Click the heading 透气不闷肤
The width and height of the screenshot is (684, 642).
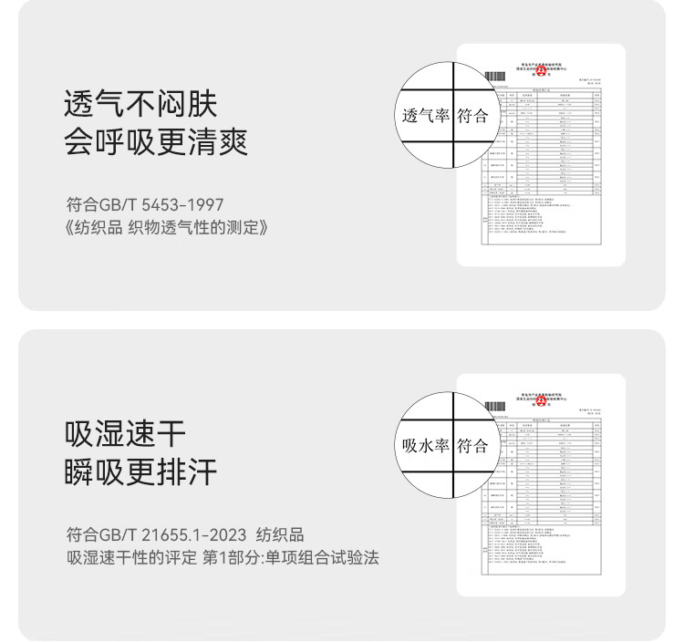[x=140, y=104]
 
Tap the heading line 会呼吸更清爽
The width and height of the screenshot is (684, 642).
[x=156, y=143]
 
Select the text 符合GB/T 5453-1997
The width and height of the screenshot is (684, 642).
[x=145, y=204]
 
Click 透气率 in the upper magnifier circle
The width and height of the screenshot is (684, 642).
[x=426, y=116]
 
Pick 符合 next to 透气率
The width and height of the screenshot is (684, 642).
[x=473, y=116]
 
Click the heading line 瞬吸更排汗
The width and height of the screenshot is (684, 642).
[x=140, y=472]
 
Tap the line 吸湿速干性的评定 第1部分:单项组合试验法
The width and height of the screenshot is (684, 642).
[x=223, y=557]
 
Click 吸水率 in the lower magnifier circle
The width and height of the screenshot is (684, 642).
[x=426, y=446]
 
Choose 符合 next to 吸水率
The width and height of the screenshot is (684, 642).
[x=473, y=446]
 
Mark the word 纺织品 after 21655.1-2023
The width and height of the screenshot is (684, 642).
[x=281, y=534]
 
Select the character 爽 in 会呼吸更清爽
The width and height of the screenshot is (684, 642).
[x=233, y=143]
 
